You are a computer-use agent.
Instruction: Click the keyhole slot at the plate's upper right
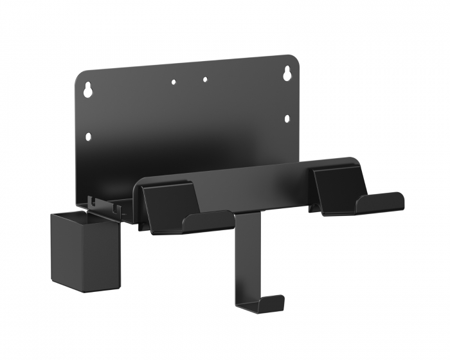point(285,74)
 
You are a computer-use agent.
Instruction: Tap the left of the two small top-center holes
point(173,82)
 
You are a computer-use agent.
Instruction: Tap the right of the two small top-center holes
point(205,80)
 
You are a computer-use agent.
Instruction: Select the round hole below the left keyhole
point(88,136)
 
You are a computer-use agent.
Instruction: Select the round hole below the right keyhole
point(286,118)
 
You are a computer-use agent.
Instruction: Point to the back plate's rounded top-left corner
point(80,76)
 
